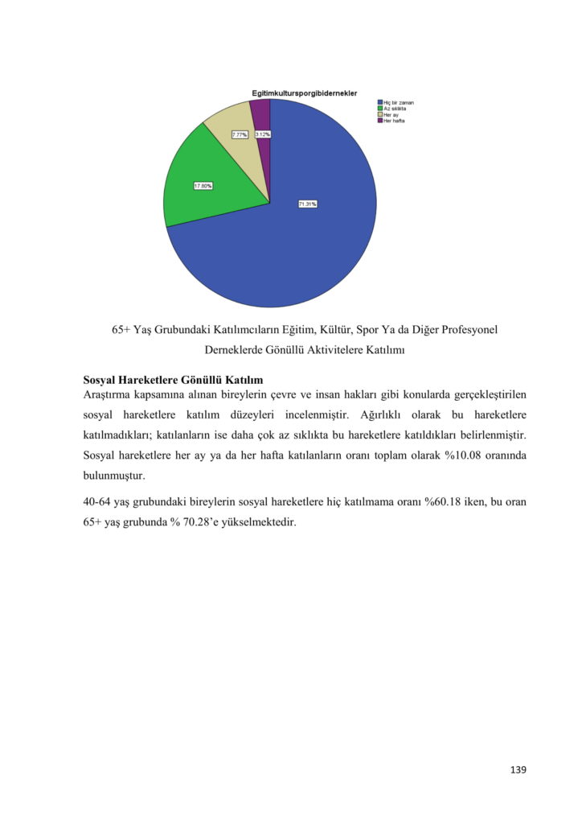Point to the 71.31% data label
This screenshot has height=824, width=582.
click(307, 204)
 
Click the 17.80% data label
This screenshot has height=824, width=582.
click(203, 186)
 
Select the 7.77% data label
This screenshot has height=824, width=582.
click(240, 134)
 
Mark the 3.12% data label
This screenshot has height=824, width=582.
click(262, 134)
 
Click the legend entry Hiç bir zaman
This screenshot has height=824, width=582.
click(398, 103)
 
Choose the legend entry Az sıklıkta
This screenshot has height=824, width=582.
click(394, 109)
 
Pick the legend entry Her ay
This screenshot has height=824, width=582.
click(391, 115)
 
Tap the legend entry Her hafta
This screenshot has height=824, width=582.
click(393, 121)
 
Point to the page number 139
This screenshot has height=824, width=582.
click(518, 770)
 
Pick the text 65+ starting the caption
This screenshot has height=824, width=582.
click(122, 330)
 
